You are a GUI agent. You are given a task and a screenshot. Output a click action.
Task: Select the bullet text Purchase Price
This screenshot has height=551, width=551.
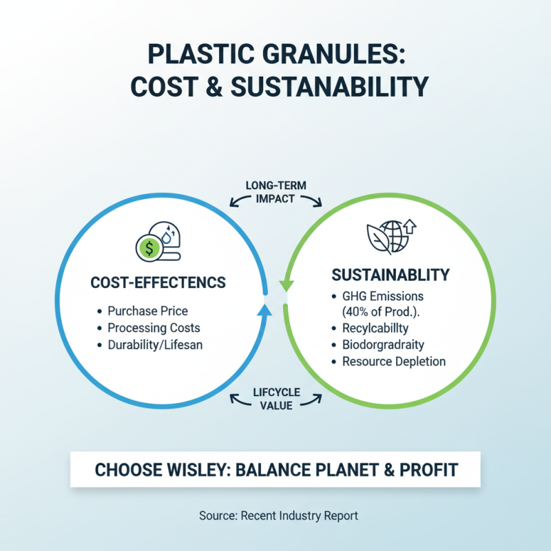147,311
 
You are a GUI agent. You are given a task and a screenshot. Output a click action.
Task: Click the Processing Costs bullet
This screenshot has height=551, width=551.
154,328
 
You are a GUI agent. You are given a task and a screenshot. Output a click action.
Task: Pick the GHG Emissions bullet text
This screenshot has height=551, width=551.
383,296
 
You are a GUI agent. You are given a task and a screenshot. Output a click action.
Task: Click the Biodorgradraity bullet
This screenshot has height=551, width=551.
383,345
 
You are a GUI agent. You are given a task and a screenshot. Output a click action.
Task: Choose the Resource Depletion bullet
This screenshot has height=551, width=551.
394,362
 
